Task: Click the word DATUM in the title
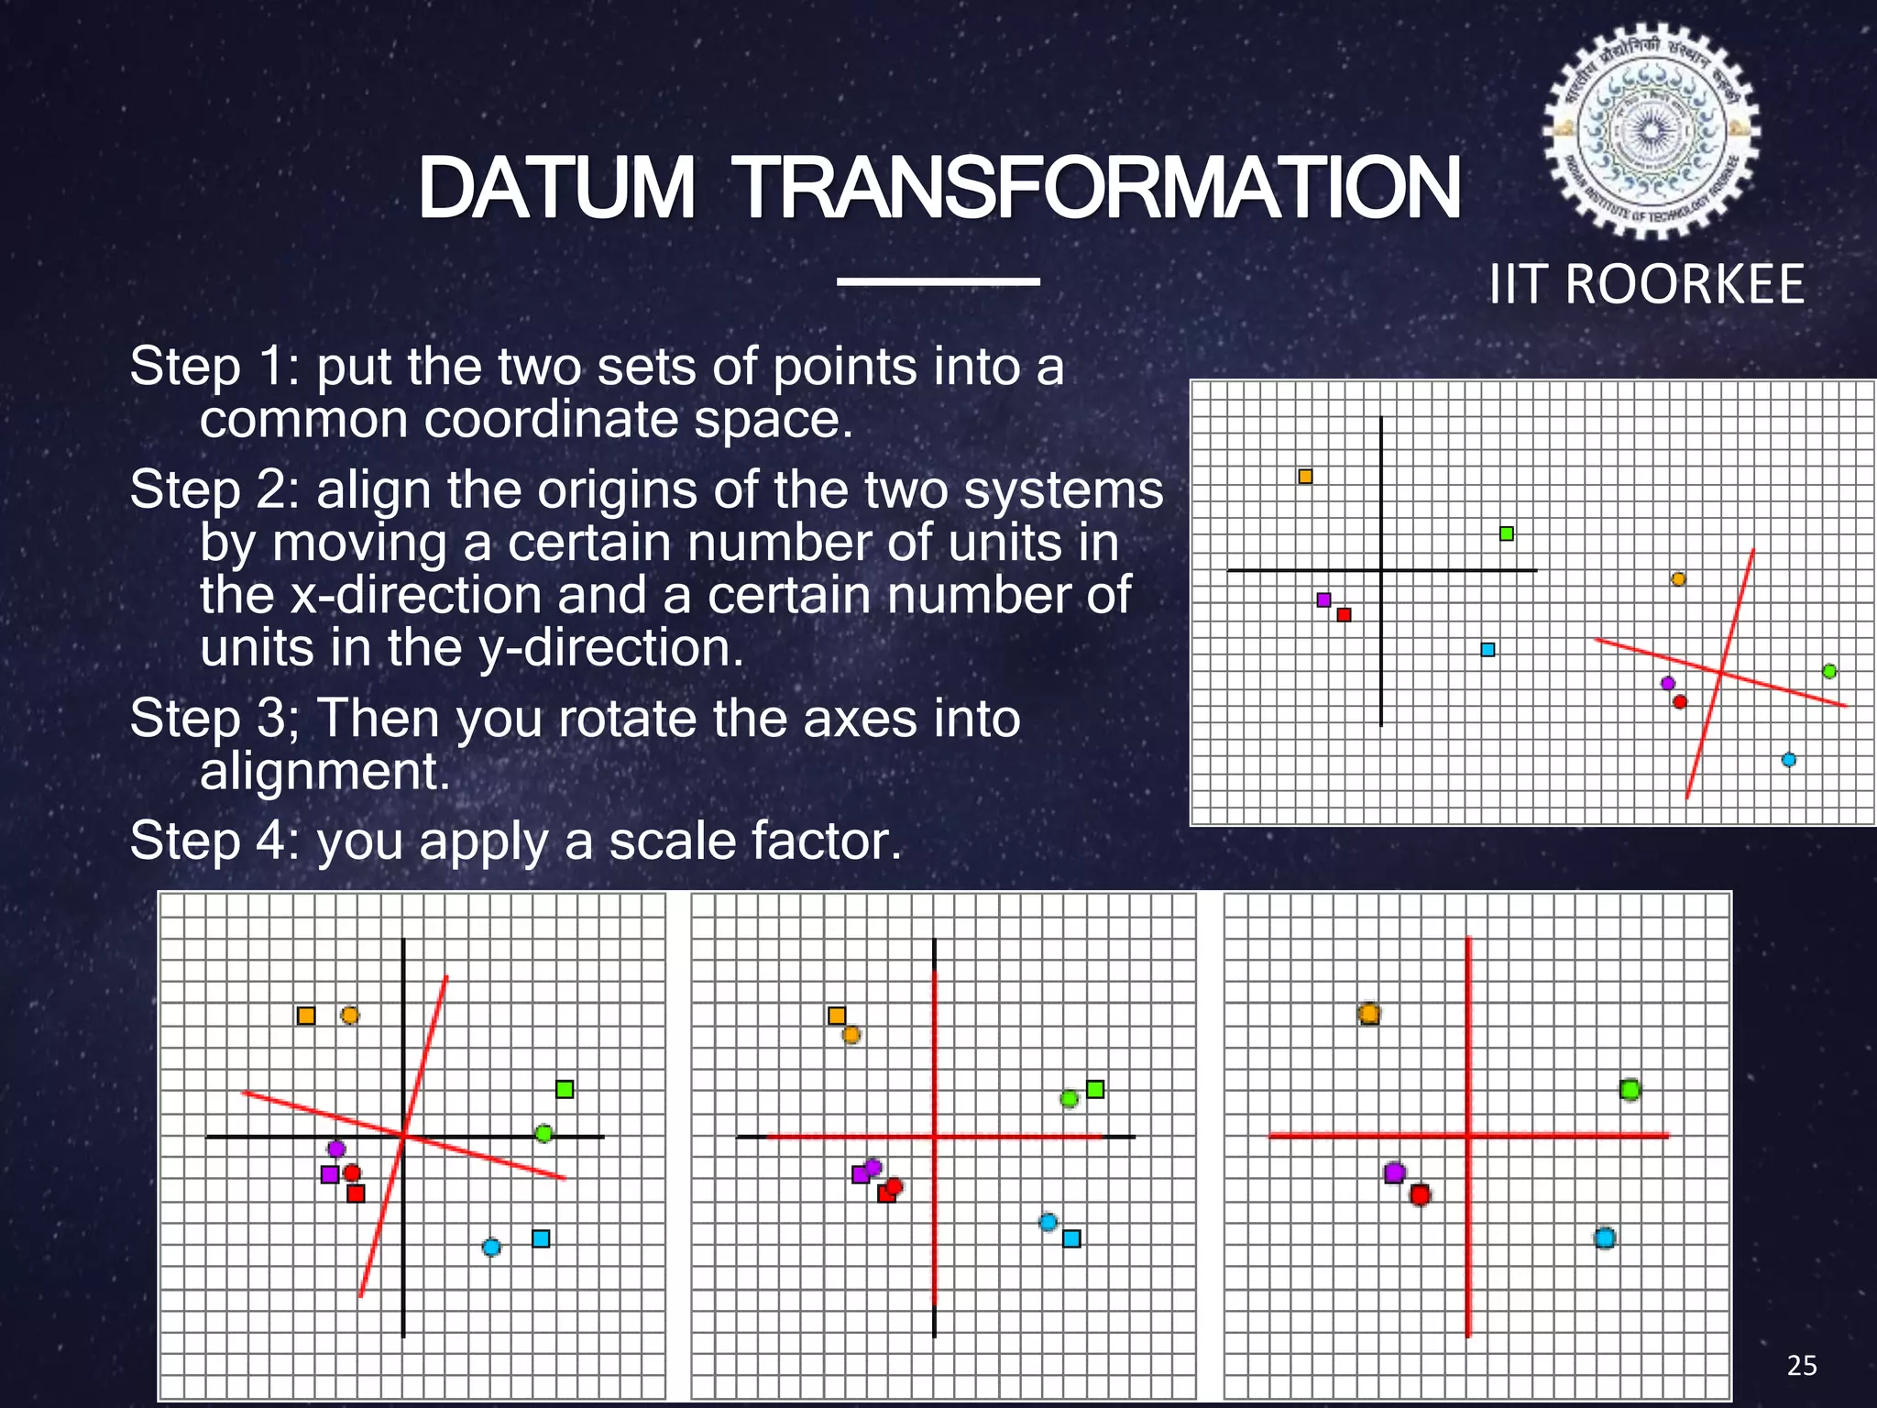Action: (x=556, y=188)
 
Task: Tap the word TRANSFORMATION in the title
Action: (x=1098, y=188)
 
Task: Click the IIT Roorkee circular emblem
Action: (x=1651, y=131)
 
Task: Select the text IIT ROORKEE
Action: (x=1647, y=284)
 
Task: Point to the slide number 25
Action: (x=1802, y=1366)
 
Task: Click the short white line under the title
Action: (x=938, y=281)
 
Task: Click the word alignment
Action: (x=325, y=771)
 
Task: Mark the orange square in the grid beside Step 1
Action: (x=1305, y=477)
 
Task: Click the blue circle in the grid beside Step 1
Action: (x=1788, y=760)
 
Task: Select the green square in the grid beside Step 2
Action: (x=1507, y=533)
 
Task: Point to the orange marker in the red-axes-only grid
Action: (x=1368, y=1014)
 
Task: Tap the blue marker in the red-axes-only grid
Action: (x=1604, y=1238)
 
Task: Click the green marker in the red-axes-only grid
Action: (x=1629, y=1090)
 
